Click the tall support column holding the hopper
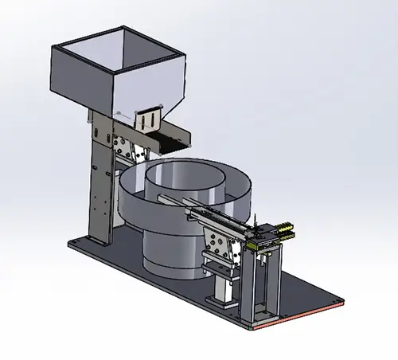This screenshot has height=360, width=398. coord(99,183)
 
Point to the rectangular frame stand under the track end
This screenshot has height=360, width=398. coord(263,279)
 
